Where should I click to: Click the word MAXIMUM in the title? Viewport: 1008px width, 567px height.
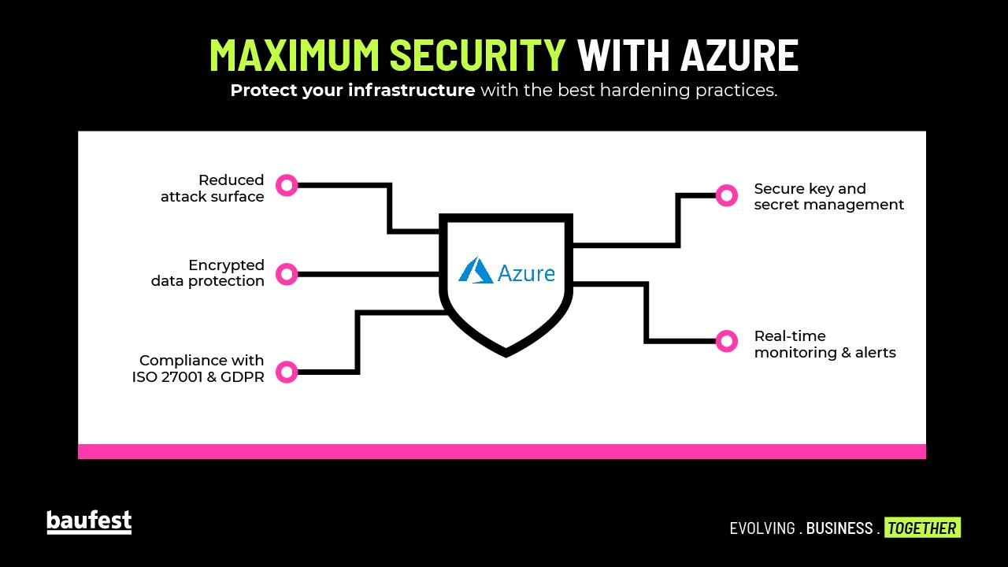click(295, 55)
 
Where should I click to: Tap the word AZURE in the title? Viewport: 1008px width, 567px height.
click(739, 55)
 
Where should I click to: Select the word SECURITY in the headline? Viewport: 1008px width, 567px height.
click(478, 55)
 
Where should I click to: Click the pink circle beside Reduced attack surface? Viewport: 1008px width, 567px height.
click(287, 186)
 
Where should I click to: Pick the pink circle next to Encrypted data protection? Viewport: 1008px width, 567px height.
click(287, 274)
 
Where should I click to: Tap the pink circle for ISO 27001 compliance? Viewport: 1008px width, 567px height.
click(287, 372)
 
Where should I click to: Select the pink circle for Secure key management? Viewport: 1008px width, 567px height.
click(726, 195)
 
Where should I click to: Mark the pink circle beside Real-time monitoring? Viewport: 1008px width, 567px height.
click(726, 341)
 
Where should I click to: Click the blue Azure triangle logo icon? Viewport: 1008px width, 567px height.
click(476, 270)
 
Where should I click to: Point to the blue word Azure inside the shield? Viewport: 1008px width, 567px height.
click(526, 272)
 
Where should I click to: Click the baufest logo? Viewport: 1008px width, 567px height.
click(89, 522)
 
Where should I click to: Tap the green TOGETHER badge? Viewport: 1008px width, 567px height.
click(922, 528)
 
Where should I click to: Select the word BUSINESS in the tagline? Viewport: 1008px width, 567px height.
click(839, 528)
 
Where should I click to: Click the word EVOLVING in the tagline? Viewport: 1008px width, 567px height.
click(762, 528)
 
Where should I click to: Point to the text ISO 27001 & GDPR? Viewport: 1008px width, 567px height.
click(198, 376)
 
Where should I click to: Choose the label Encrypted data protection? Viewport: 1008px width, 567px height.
click(208, 273)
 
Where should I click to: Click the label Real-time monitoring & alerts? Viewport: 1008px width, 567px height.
click(825, 344)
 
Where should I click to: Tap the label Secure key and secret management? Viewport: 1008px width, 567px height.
click(828, 196)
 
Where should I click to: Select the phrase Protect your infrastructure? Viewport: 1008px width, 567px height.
click(352, 91)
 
